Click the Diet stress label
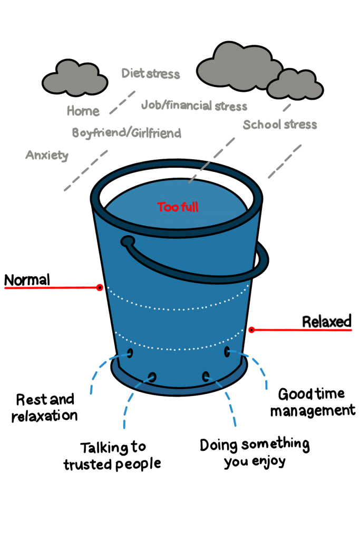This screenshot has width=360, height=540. [x=151, y=73]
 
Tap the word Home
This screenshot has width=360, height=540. [x=83, y=111]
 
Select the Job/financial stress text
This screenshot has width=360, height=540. [x=194, y=105]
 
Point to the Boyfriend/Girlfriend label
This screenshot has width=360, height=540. [x=127, y=133]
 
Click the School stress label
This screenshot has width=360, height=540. [x=280, y=125]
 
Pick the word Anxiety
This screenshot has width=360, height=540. [x=47, y=155]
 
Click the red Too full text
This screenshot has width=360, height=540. [x=178, y=207]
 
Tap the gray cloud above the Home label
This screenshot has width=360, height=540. [x=75, y=79]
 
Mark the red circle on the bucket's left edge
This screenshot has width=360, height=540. [x=100, y=287]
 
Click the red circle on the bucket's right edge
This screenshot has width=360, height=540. [x=251, y=330]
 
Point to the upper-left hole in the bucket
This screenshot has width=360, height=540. [x=130, y=353]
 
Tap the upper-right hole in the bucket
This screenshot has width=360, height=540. [x=227, y=351]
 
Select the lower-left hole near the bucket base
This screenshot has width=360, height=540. [x=152, y=377]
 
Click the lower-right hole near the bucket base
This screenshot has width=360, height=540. [x=206, y=376]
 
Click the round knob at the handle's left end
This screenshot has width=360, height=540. [x=127, y=242]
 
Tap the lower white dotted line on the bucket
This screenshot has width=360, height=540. [x=179, y=349]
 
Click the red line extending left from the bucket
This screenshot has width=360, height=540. [x=50, y=288]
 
